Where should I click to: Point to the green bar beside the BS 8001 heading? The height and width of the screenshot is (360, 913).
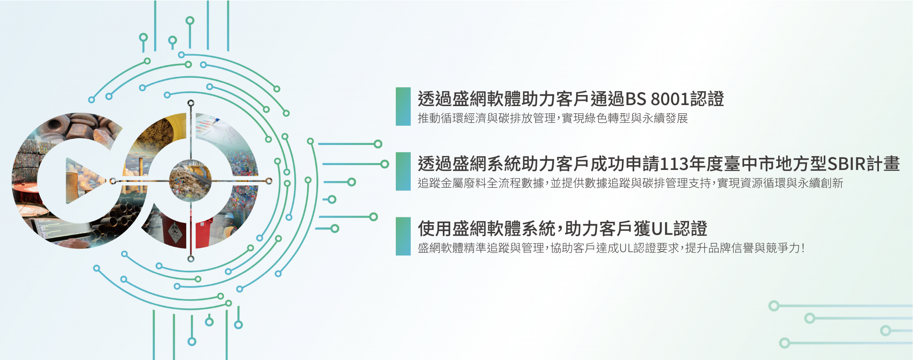403,106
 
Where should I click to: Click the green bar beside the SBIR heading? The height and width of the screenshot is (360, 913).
403,171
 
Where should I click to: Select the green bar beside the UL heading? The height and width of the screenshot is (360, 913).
403,236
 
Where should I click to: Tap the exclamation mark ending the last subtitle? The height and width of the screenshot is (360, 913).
803,248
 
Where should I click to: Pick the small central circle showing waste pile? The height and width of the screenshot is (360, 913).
190,181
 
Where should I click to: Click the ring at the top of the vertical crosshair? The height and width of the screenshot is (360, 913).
191,103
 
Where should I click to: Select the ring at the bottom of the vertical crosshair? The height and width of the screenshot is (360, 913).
191,259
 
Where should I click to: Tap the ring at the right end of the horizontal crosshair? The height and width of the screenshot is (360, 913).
269,181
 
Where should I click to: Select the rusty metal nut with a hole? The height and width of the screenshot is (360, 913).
54,126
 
